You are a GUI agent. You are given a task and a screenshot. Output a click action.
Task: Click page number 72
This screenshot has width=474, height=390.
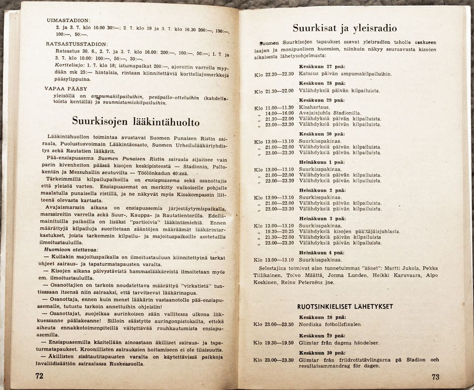click(x=39, y=376)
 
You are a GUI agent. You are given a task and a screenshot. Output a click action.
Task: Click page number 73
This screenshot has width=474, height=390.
click(x=434, y=377)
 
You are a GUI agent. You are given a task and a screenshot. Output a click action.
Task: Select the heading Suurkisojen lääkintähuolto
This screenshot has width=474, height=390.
click(x=136, y=121)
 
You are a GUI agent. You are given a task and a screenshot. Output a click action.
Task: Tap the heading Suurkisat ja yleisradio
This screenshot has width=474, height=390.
click(x=345, y=28)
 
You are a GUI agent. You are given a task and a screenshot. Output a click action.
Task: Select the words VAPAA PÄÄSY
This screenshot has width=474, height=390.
click(x=67, y=89)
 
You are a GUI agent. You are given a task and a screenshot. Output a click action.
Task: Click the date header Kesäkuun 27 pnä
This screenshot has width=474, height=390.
click(x=322, y=67)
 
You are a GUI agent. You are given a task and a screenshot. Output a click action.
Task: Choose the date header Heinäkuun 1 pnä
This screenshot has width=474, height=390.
click(x=322, y=162)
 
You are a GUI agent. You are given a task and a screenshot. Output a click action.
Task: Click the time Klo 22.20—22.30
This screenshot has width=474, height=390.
click(x=274, y=74)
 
